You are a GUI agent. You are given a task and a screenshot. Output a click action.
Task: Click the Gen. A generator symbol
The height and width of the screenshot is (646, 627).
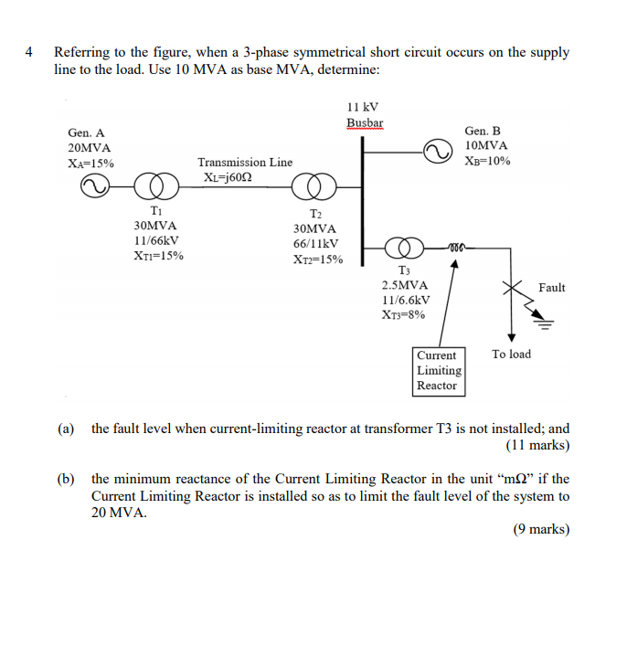94,187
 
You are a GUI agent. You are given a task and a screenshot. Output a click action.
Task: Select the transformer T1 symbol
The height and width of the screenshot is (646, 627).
157,187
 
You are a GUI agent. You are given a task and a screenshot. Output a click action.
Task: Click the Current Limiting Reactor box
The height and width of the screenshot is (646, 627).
439,370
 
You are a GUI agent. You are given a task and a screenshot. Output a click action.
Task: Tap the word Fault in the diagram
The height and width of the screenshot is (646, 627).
552,288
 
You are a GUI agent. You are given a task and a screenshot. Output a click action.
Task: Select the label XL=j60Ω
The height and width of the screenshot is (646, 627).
229,177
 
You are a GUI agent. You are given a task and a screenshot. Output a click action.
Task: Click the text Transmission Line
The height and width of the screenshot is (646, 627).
245,162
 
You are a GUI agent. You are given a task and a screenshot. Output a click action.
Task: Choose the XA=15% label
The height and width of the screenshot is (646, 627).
90,164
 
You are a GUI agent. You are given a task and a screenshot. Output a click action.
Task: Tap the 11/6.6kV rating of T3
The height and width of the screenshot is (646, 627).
405,300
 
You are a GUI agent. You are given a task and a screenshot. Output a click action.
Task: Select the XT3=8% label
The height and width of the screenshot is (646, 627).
404,315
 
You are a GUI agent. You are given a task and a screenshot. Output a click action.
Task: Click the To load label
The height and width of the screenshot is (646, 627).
511,354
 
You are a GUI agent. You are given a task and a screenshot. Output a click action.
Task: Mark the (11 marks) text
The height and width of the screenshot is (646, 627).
537,445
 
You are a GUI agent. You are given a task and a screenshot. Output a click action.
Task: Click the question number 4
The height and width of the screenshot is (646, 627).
31,52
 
